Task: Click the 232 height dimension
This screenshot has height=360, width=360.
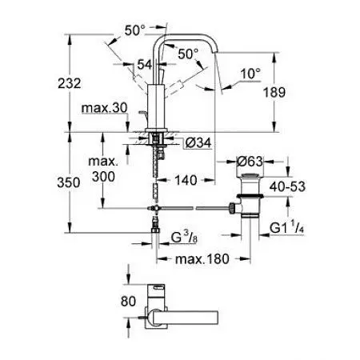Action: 70,83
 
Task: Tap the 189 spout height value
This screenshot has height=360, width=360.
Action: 274,93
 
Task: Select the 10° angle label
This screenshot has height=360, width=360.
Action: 250,74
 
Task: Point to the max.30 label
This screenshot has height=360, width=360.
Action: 105,108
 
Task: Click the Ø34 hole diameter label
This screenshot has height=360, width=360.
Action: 198,142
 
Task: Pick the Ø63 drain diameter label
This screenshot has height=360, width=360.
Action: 250,162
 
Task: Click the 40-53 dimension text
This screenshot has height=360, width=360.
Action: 287,186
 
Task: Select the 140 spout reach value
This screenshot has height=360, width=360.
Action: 186,180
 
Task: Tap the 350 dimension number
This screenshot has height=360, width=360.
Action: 69,182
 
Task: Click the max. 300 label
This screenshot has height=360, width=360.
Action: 103,169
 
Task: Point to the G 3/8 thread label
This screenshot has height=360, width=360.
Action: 184,237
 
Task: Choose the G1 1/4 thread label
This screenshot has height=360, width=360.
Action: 286,228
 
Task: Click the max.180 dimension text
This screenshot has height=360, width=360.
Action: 202,259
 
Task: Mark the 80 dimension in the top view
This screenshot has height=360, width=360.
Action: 128,301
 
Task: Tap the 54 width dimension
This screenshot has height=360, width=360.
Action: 145,65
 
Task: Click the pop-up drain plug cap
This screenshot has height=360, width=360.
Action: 250,175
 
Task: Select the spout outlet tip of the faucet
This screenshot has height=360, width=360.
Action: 216,51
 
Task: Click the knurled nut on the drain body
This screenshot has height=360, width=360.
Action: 232,208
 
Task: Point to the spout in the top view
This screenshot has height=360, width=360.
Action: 186,318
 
